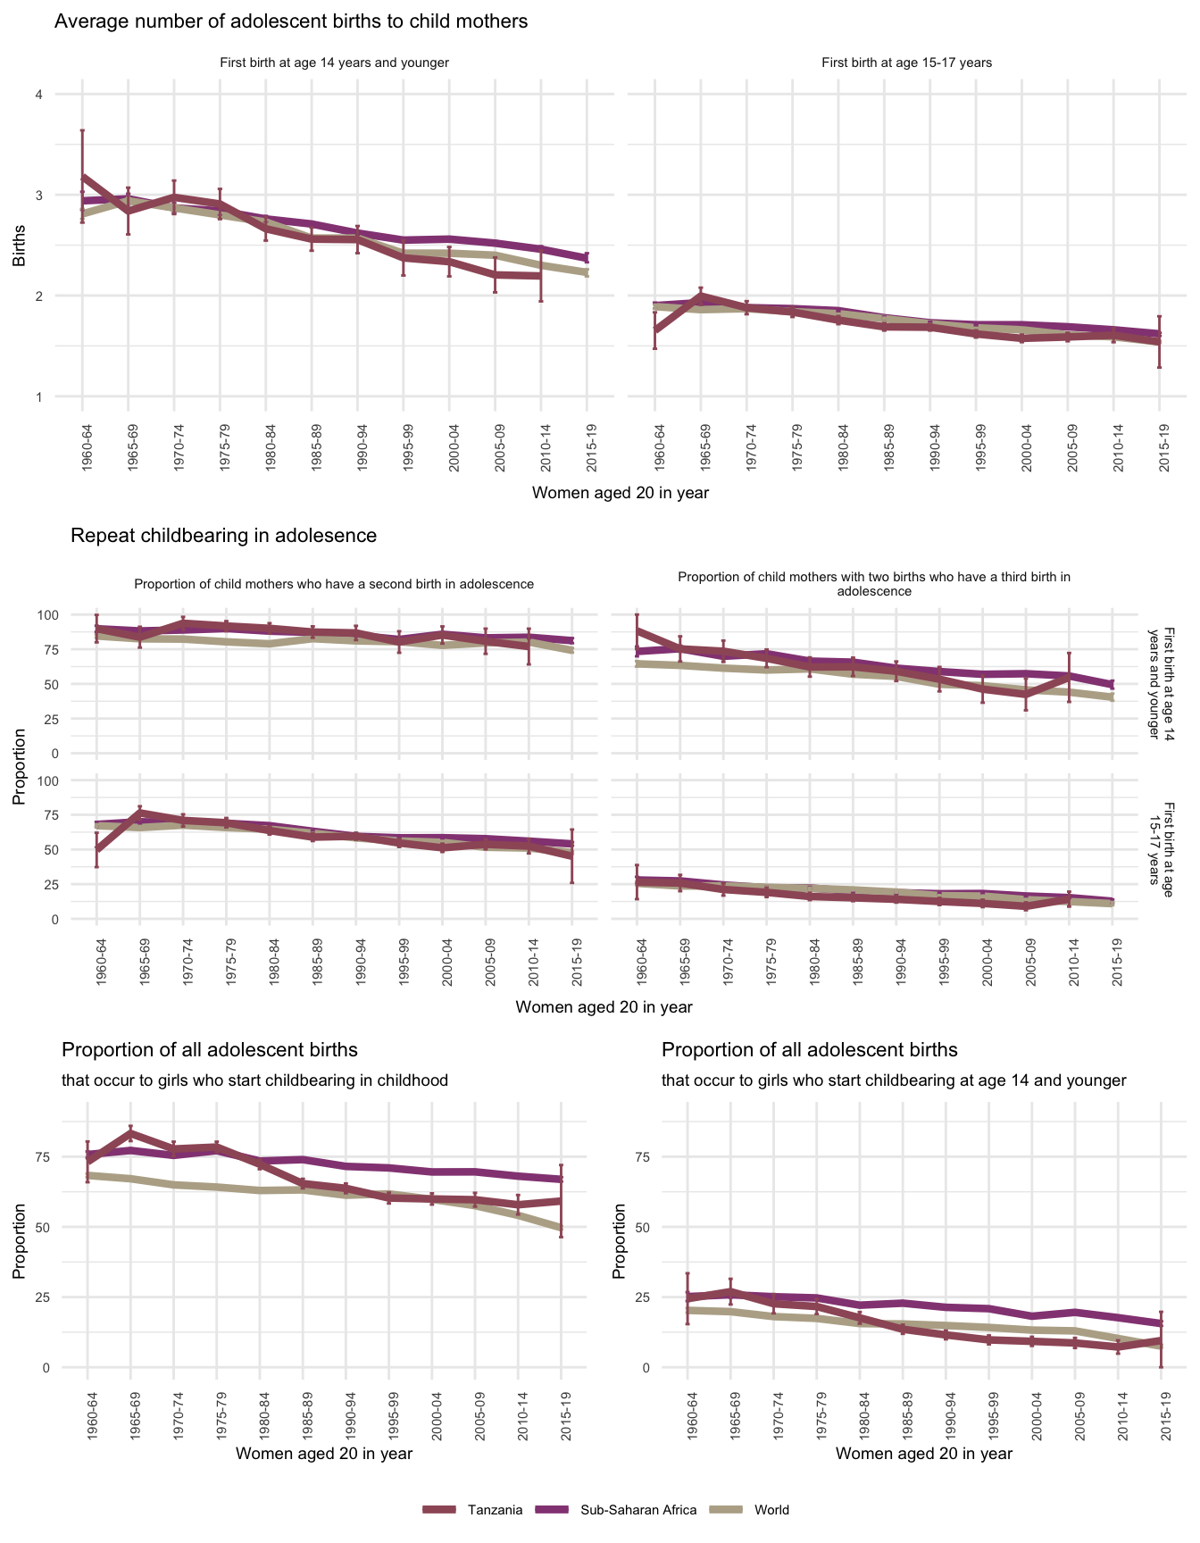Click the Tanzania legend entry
[494, 1510]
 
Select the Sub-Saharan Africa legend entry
[638, 1510]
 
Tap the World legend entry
[771, 1510]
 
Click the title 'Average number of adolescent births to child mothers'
[291, 21]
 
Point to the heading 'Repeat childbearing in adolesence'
[223, 536]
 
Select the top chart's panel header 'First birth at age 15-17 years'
[906, 63]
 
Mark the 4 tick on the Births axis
[38, 95]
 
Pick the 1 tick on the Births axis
[38, 396]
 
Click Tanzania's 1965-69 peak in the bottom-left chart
[130, 1132]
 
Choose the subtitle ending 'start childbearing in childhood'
[254, 1080]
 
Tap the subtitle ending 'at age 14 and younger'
[894, 1080]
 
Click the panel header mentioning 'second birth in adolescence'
[334, 584]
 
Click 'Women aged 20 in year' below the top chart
[620, 493]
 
